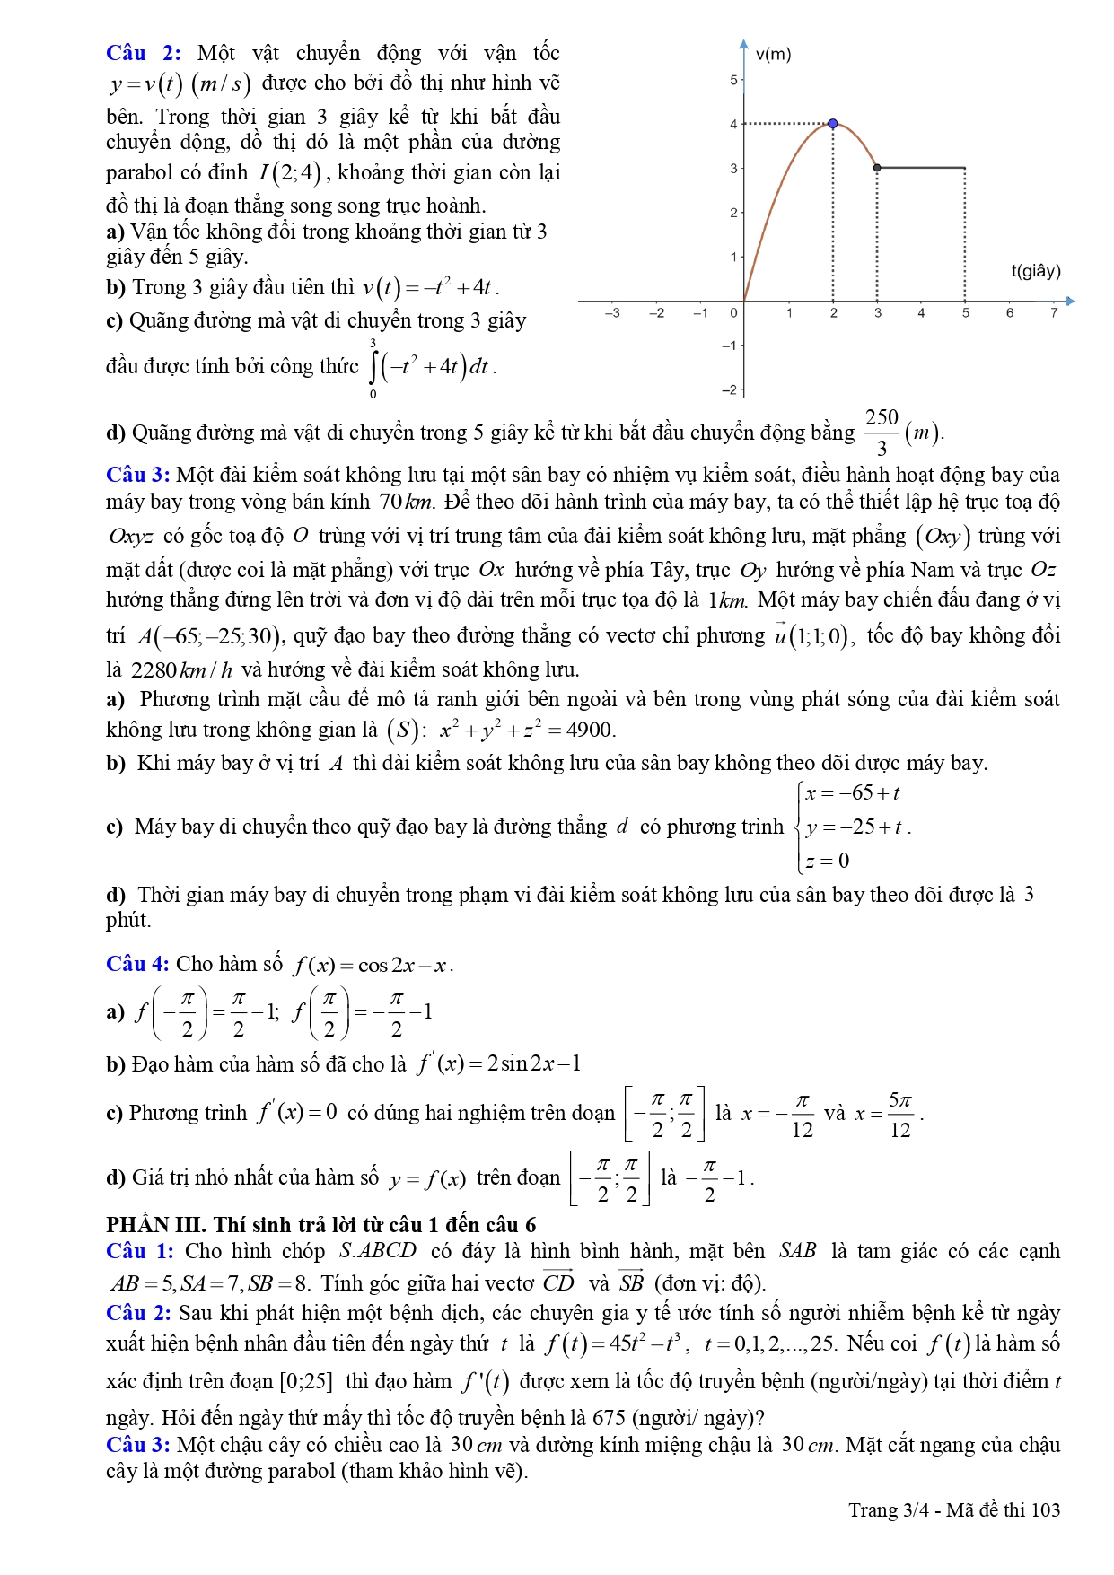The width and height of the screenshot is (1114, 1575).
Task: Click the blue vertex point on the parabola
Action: click(x=833, y=124)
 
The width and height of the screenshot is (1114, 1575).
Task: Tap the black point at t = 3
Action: click(x=877, y=168)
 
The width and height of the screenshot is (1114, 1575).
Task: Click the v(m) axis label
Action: click(x=773, y=55)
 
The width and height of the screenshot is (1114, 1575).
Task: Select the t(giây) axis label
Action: click(x=1036, y=271)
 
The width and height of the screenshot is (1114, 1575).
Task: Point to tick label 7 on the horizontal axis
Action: click(x=1054, y=313)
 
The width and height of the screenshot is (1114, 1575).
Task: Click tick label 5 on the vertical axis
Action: click(x=733, y=81)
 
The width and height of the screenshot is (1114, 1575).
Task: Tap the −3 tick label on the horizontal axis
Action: click(x=612, y=313)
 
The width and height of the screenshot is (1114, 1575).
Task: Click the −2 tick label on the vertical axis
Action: click(x=730, y=389)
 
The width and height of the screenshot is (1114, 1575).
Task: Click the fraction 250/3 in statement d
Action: click(x=882, y=433)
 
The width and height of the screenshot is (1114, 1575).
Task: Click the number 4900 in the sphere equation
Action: click(x=590, y=730)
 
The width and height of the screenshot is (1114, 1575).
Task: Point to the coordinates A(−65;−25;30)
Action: click(x=210, y=636)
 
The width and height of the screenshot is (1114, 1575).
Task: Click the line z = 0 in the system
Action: click(x=827, y=861)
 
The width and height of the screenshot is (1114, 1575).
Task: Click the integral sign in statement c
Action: click(x=374, y=366)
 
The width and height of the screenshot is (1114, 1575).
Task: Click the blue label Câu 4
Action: click(x=137, y=964)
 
